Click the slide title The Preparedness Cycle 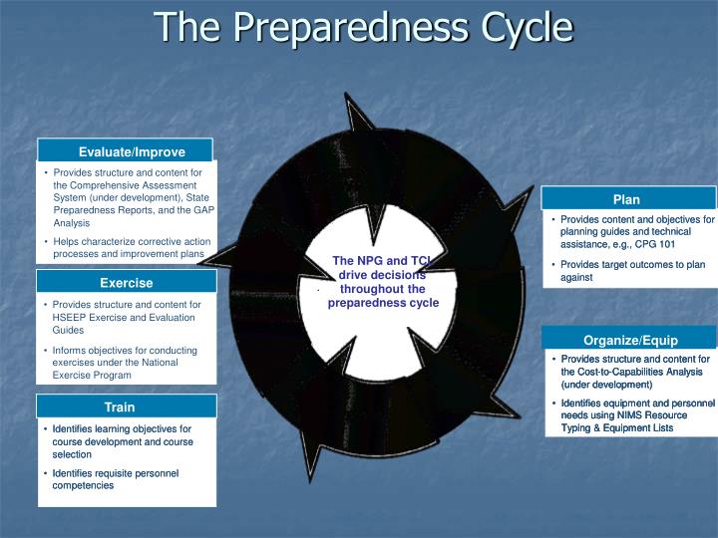(363, 27)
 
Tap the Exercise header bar (126, 283)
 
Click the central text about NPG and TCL (383, 282)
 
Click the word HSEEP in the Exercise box (71, 317)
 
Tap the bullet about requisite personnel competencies (116, 479)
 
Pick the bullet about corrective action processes (130, 248)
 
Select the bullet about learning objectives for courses (122, 441)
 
